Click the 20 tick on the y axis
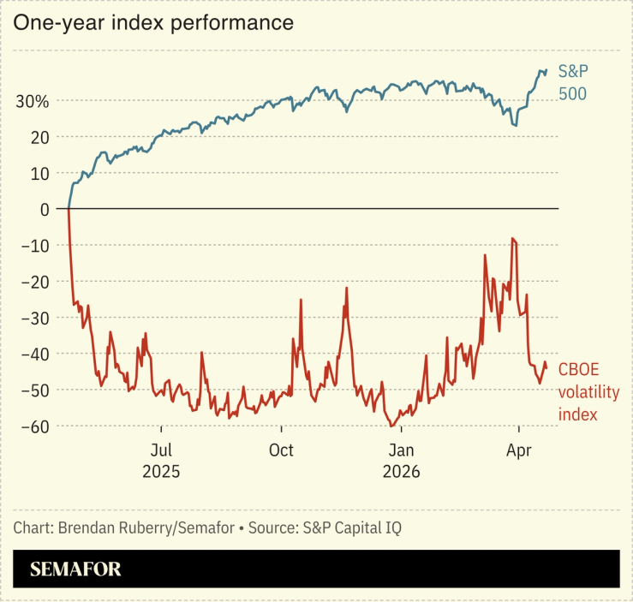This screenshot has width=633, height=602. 39,137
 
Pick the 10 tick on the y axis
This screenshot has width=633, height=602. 39,173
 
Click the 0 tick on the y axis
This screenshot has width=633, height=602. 45,209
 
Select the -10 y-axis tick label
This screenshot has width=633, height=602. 36,246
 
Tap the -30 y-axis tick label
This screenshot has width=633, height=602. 36,318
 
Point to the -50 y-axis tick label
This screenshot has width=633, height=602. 36,390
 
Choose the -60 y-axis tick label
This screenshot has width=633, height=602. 36,426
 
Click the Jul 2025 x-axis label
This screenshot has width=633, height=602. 161,460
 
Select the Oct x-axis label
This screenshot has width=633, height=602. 280,450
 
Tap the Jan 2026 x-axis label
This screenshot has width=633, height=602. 401,460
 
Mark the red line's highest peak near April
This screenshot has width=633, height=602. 512,239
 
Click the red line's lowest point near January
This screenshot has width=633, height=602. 391,426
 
